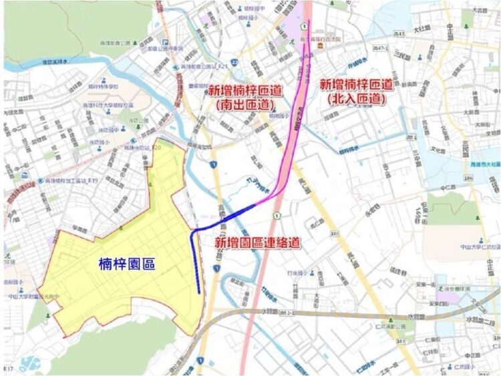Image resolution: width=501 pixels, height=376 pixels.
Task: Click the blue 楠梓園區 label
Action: [x=126, y=264]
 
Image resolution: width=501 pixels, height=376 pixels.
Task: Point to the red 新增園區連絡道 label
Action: [x=257, y=243]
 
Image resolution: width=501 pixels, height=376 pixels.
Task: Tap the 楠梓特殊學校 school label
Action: [x=104, y=87]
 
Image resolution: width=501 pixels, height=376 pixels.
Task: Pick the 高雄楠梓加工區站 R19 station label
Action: [x=67, y=181]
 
